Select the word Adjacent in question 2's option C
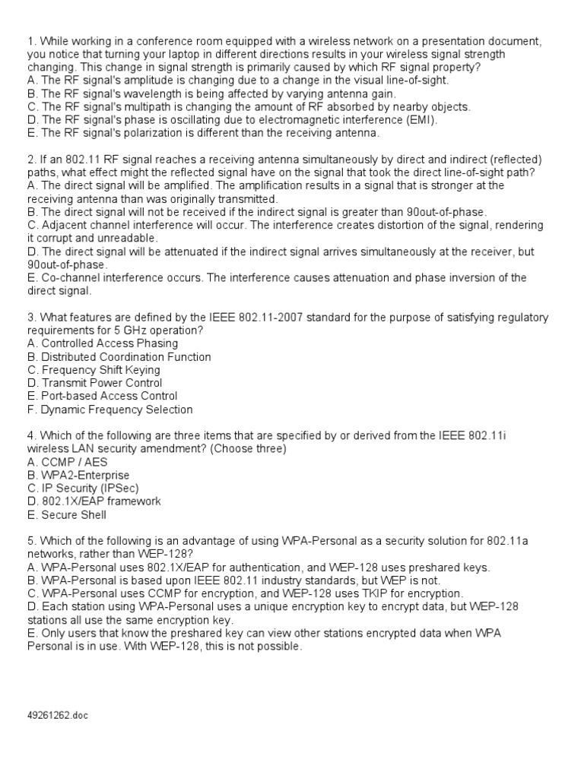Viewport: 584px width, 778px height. [65, 225]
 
